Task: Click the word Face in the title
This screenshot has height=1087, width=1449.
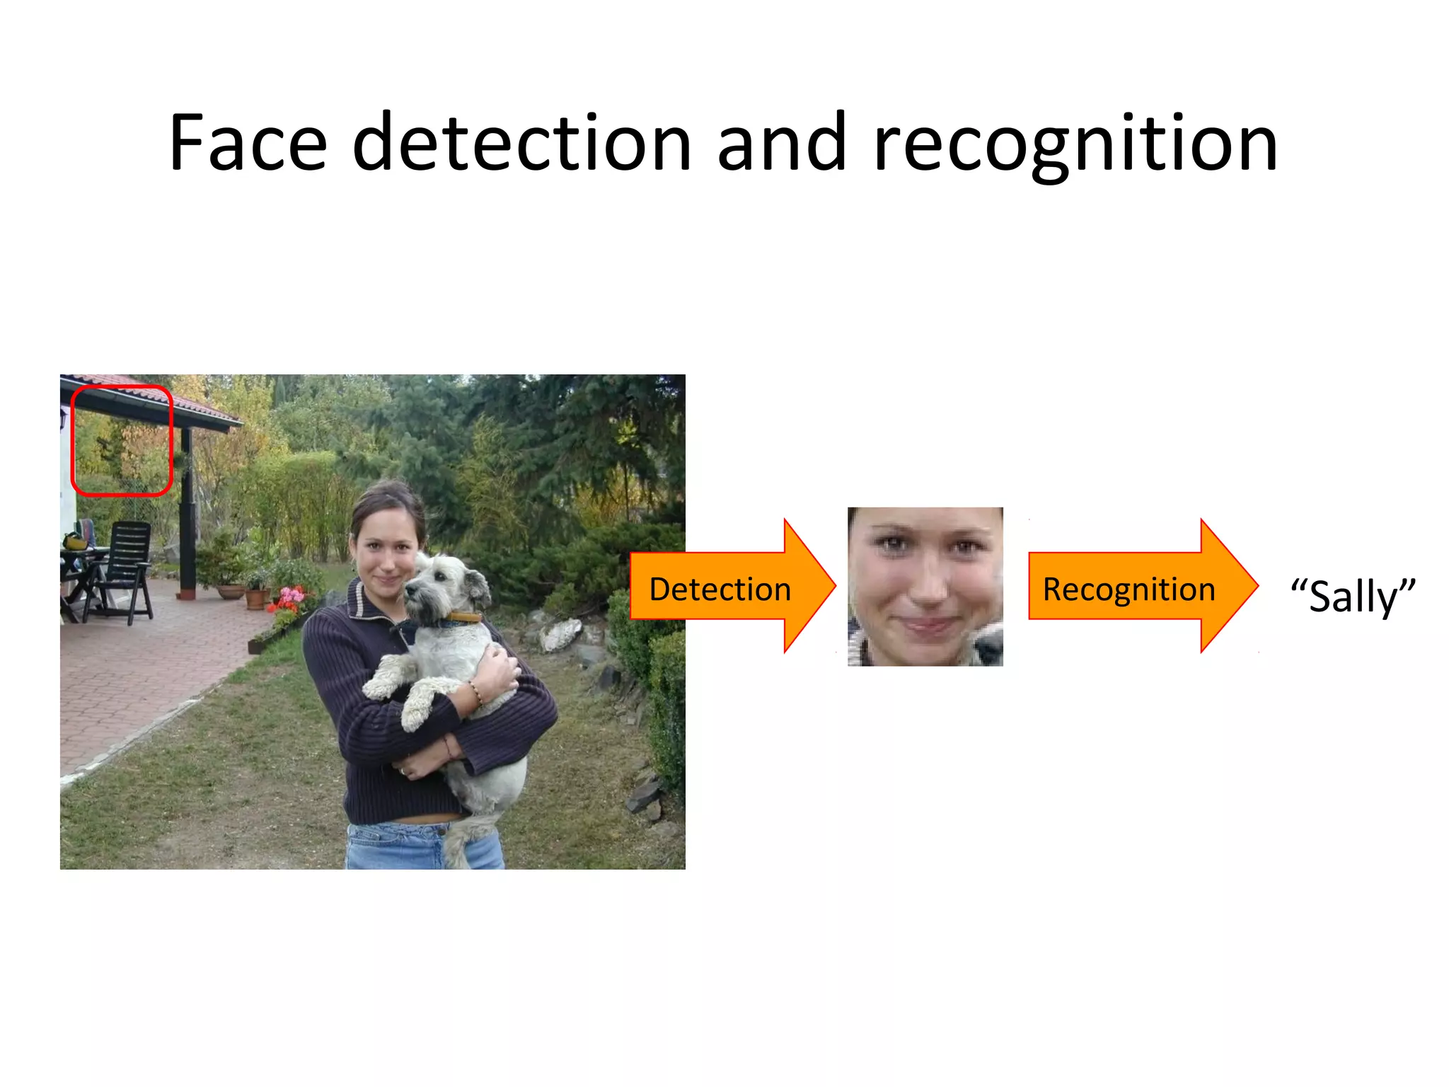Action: click(x=248, y=144)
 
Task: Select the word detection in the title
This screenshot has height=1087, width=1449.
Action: click(x=521, y=144)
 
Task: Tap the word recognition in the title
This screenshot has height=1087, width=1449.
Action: click(x=1075, y=144)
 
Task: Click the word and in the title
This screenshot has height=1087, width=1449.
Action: click(x=781, y=144)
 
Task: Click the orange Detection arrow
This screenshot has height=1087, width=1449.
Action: click(x=729, y=587)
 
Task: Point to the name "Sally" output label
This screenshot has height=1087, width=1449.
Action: click(x=1353, y=597)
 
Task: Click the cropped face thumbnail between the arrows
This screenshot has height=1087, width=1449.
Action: click(x=925, y=587)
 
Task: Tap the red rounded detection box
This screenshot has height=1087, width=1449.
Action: click(x=122, y=440)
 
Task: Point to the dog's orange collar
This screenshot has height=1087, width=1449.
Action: click(x=463, y=617)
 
